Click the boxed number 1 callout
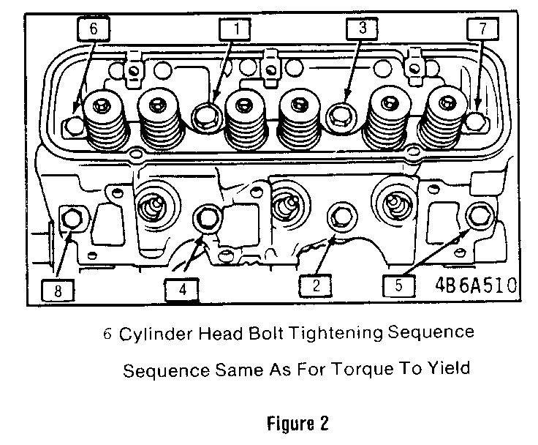pos(236,29)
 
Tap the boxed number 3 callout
pos(363,29)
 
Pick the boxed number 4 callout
pos(182,289)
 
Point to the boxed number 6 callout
pos(93,29)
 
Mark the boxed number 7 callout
pos(482,29)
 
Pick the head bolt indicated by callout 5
pos(479,216)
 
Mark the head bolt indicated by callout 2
pos(338,216)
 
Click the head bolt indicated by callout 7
pos(476,121)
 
